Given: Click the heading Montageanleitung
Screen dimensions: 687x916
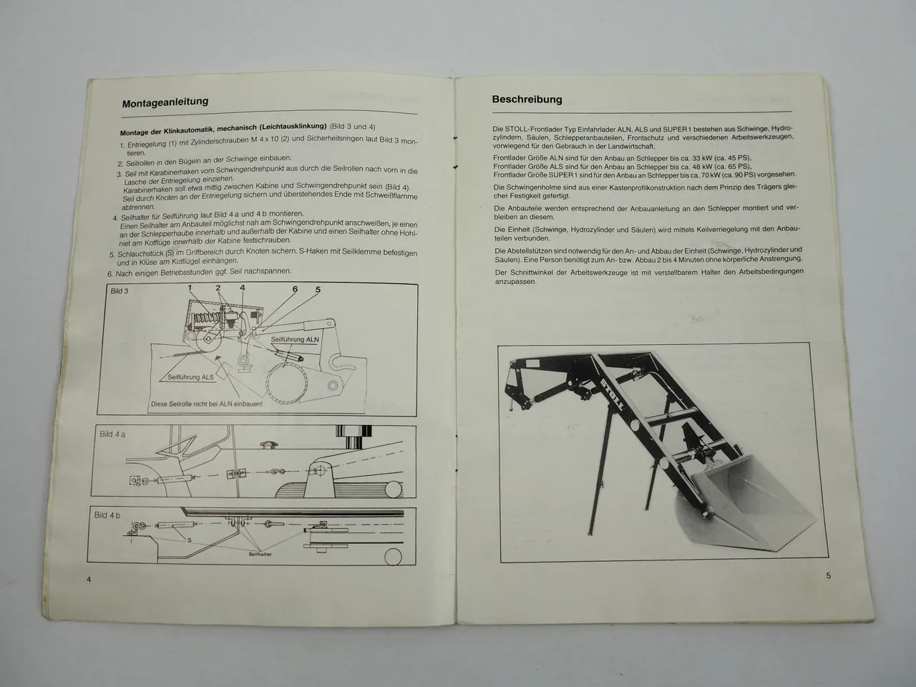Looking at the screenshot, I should pyautogui.click(x=165, y=102).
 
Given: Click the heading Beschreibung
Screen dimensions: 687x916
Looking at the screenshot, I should pyautogui.click(x=527, y=99).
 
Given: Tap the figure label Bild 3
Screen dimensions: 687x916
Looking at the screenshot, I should pyautogui.click(x=120, y=291).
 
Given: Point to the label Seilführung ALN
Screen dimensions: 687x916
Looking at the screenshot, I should pyautogui.click(x=295, y=339).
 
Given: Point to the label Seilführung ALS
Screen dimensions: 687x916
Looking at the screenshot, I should pyautogui.click(x=190, y=376).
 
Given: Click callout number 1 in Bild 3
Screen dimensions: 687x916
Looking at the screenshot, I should pyautogui.click(x=190, y=288).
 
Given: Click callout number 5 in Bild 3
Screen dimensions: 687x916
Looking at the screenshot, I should pyautogui.click(x=318, y=290).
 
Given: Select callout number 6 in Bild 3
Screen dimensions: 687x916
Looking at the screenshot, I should pyautogui.click(x=294, y=289).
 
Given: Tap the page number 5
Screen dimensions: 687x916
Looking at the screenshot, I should pyautogui.click(x=828, y=575).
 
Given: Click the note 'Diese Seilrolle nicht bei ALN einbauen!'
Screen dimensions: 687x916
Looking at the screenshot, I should pyautogui.click(x=206, y=404).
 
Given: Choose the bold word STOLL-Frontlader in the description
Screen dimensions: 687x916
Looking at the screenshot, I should pyautogui.click(x=525, y=129).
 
